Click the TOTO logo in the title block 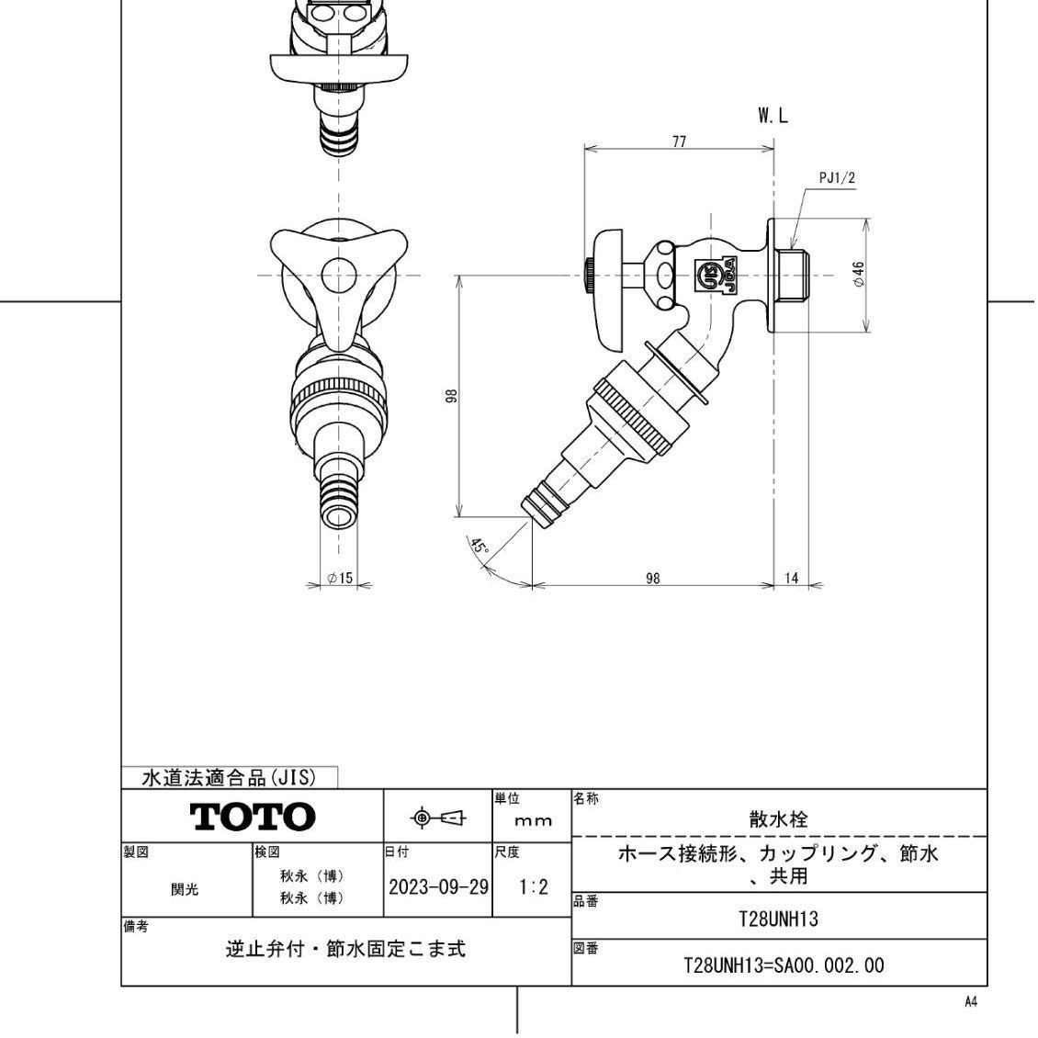253,816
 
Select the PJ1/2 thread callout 836,177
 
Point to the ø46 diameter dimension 858,275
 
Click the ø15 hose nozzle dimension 339,579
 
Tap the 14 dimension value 792,579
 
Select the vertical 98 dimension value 451,396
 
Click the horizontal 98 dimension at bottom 652,579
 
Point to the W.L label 773,116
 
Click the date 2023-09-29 437,887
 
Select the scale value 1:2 532,887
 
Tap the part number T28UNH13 778,919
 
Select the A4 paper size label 970,1002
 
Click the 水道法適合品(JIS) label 229,778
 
